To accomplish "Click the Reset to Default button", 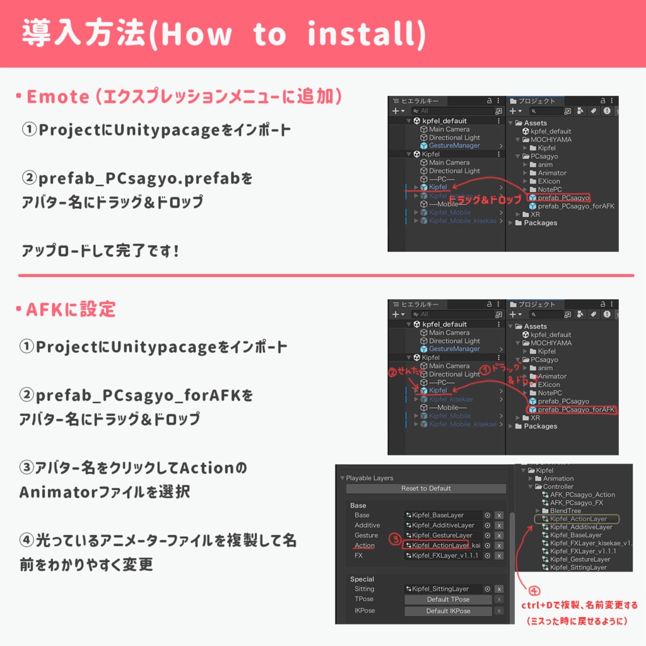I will (x=426, y=488).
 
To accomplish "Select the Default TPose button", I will (x=447, y=599).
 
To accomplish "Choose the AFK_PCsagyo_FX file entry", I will (x=576, y=503).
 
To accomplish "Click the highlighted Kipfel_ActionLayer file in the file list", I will (x=578, y=519).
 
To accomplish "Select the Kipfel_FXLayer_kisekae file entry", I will (x=590, y=543).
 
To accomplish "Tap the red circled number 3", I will (x=394, y=539).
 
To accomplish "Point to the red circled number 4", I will (x=534, y=591).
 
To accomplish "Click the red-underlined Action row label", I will (x=365, y=546).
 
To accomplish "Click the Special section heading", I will (x=362, y=579).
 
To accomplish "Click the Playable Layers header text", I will (x=370, y=478).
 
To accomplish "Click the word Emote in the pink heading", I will (x=58, y=97).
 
